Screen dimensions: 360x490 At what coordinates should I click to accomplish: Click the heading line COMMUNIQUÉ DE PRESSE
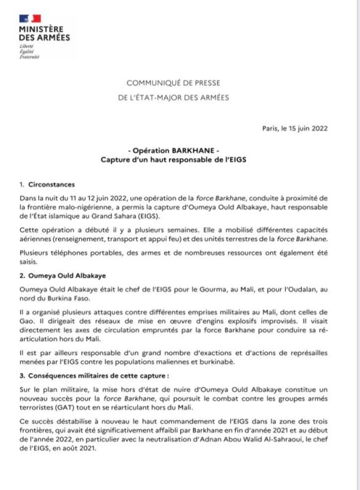(173, 82)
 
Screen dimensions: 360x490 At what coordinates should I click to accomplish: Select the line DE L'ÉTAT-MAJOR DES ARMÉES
(173, 97)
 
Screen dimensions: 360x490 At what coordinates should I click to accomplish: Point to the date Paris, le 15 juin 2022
(294, 128)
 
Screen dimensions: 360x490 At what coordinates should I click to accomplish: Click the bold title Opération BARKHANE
(173, 150)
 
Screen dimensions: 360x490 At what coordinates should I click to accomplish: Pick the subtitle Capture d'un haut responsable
(173, 160)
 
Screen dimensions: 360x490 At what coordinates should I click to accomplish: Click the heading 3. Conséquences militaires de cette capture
(86, 374)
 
